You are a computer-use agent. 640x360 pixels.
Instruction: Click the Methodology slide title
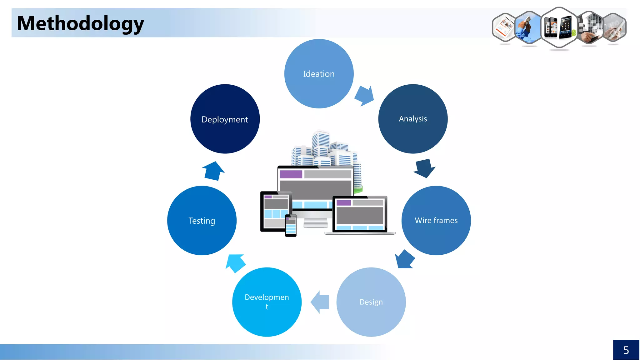point(80,23)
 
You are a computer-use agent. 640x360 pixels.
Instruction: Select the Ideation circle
point(319,74)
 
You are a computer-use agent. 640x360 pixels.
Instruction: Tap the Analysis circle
point(413,119)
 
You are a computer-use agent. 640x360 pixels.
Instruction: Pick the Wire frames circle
point(436,221)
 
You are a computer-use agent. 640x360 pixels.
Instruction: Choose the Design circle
point(371,302)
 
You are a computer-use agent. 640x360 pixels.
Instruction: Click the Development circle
point(267,302)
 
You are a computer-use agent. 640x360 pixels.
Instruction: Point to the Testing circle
point(202,221)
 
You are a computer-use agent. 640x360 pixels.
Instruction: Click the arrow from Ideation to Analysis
point(365,96)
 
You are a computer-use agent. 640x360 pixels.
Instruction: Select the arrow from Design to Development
point(320,302)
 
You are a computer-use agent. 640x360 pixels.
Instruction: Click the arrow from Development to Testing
point(235,263)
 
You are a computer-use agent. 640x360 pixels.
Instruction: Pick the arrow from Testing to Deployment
point(213,171)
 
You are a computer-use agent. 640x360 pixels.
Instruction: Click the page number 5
point(626,350)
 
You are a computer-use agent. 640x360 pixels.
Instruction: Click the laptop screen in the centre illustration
point(360,214)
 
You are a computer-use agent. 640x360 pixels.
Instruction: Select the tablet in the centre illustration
point(275,211)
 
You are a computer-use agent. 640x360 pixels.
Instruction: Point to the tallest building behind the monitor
point(321,144)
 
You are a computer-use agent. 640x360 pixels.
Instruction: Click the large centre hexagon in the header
point(559,27)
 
